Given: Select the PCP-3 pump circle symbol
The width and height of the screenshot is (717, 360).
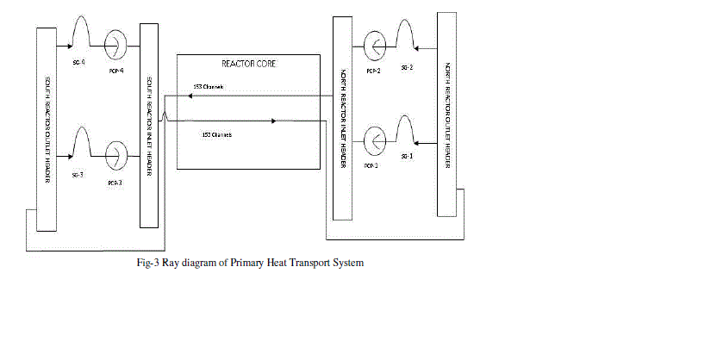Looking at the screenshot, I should [x=115, y=157].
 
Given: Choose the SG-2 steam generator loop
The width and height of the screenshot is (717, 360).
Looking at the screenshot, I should [x=405, y=34].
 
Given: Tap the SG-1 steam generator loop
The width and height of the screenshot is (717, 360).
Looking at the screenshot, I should [x=405, y=129].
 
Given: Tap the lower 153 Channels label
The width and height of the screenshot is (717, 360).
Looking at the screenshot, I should [x=218, y=134].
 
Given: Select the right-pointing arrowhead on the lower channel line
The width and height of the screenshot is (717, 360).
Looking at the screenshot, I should [x=274, y=121].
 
